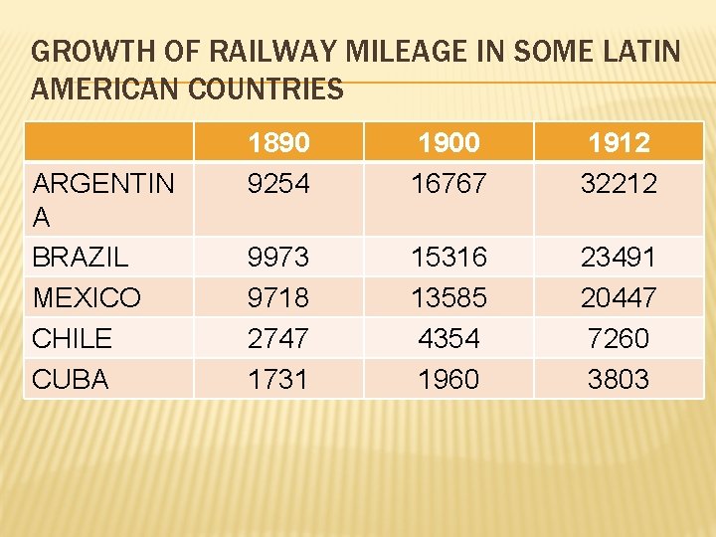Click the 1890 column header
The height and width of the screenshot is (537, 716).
(x=279, y=142)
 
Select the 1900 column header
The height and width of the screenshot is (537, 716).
(x=448, y=142)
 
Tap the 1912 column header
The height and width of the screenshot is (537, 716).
(x=619, y=142)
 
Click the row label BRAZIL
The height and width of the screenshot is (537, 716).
(x=81, y=257)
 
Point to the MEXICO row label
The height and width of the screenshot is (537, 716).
(x=87, y=297)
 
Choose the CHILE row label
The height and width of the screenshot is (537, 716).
(x=73, y=338)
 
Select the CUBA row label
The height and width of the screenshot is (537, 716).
(x=71, y=379)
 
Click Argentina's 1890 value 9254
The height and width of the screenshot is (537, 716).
(x=279, y=183)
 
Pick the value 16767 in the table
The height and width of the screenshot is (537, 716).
(x=448, y=183)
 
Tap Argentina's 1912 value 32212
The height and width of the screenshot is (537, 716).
(x=619, y=183)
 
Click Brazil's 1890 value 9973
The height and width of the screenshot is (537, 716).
(x=279, y=257)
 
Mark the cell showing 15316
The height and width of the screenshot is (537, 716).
(x=448, y=257)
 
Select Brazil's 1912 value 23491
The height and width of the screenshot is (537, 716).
(x=619, y=257)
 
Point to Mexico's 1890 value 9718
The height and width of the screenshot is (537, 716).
(x=279, y=297)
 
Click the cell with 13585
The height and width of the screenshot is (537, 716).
(x=448, y=297)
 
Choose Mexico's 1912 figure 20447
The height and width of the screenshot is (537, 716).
(x=619, y=297)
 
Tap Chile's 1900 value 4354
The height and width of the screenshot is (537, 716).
(x=448, y=338)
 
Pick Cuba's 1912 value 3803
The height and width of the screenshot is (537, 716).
(x=619, y=379)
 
